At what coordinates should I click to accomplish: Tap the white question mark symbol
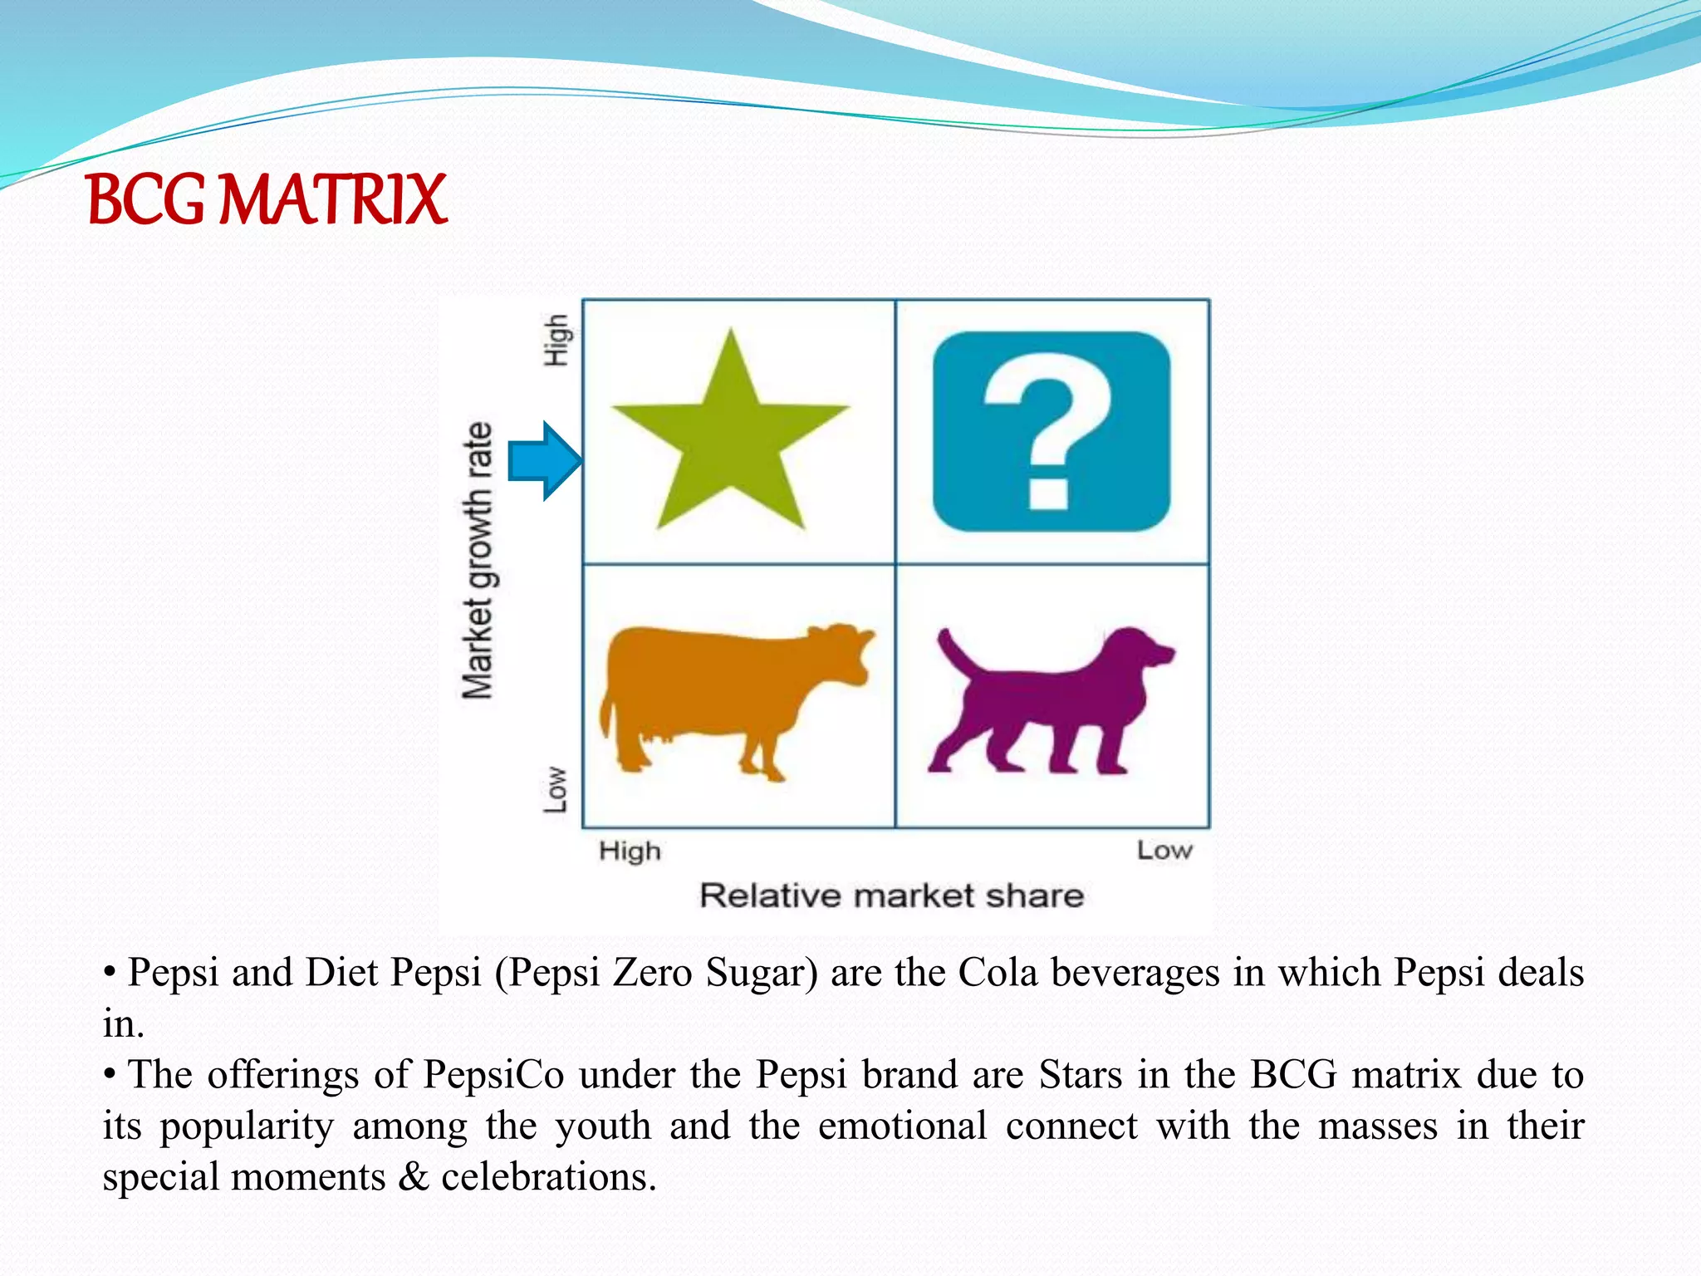[1048, 432]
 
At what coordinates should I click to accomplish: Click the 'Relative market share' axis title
[891, 896]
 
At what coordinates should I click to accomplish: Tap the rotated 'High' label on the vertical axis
[556, 340]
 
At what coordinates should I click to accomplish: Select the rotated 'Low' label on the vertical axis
[556, 789]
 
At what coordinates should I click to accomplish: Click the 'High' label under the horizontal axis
[630, 851]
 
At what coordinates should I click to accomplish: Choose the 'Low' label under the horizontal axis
[1164, 851]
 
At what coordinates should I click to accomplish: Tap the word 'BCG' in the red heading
[145, 200]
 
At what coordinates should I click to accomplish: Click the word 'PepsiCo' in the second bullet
[494, 1075]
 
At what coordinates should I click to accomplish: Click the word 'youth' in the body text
[603, 1127]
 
